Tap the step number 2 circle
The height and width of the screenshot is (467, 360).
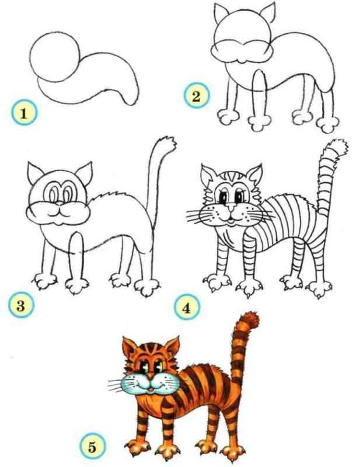pos(196,96)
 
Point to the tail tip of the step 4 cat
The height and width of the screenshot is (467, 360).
pos(338,146)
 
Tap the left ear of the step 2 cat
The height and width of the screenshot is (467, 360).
pos(221,13)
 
